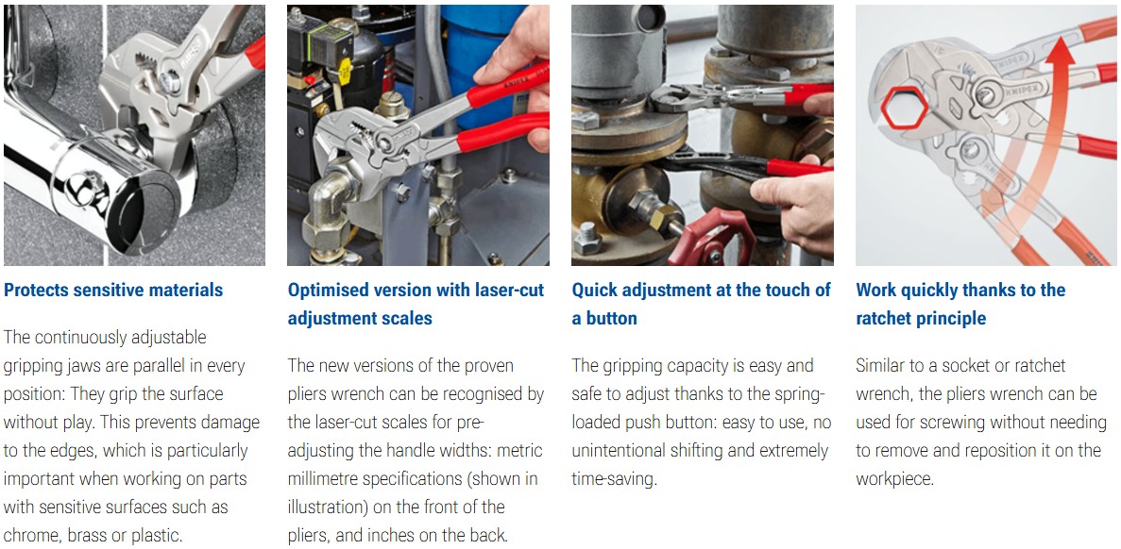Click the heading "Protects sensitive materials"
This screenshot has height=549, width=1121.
(113, 290)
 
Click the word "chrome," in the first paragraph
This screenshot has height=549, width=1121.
(31, 536)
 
